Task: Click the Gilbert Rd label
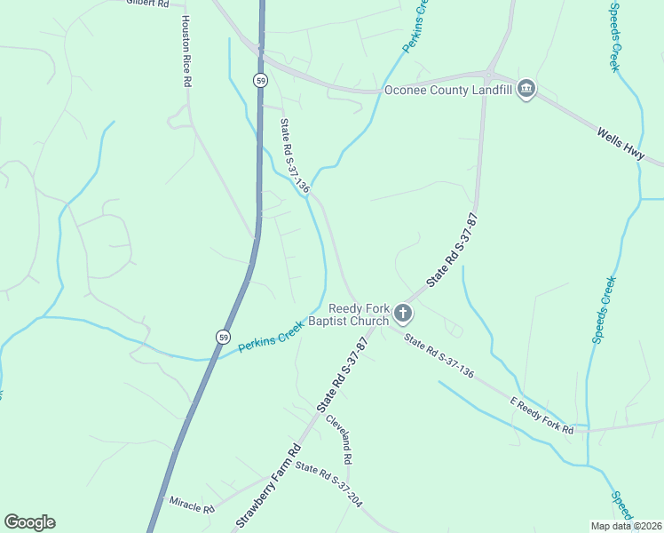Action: click(147, 4)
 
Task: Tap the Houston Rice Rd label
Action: click(186, 51)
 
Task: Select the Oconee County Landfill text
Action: click(448, 90)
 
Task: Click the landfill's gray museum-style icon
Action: click(526, 89)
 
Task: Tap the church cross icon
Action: click(403, 313)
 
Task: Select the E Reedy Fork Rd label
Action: click(541, 418)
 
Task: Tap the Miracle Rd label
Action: click(192, 505)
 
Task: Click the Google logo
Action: click(29, 522)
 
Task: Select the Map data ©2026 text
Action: click(625, 525)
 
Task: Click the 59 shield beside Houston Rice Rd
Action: click(259, 80)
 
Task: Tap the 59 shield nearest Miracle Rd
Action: click(222, 336)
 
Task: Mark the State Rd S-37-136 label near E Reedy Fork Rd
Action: click(439, 355)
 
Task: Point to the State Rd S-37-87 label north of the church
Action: click(453, 250)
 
